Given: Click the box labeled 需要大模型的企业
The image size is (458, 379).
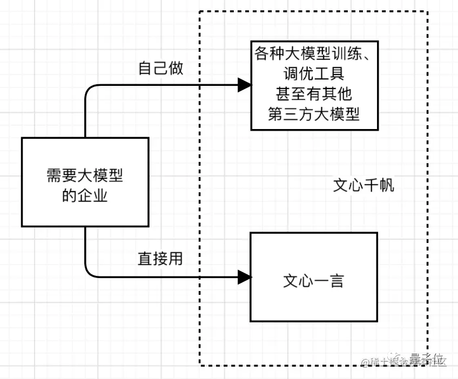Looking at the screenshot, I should [85, 182].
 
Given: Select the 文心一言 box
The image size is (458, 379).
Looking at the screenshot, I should [314, 277].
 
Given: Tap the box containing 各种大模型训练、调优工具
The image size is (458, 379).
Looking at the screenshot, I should [314, 85].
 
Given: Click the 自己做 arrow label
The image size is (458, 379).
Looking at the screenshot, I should [161, 69].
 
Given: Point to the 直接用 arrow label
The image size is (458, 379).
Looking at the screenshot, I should [160, 259].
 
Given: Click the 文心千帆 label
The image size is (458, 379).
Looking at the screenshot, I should [363, 186].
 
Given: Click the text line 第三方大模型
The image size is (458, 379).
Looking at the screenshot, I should [314, 114].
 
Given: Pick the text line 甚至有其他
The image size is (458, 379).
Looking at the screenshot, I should [314, 94].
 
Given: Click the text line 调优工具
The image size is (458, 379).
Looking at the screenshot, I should [314, 74].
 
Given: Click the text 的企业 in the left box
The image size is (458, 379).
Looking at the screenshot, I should [85, 195].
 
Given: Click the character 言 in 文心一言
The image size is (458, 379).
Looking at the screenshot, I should [336, 281].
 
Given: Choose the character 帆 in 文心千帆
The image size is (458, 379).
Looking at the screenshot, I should [387, 186].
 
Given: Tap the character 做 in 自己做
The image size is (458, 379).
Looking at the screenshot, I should [176, 69].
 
